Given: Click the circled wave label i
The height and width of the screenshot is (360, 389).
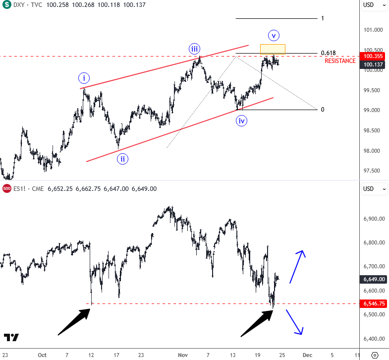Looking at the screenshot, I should (x=84, y=78).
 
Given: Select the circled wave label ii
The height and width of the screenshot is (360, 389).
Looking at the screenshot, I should (x=122, y=159).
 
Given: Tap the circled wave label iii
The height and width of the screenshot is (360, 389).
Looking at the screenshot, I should (x=194, y=49).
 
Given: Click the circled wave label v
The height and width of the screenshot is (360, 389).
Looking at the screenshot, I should (x=274, y=35).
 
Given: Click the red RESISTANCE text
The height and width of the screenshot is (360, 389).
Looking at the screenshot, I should (x=340, y=61).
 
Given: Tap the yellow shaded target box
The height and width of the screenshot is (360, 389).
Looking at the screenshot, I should (x=273, y=49).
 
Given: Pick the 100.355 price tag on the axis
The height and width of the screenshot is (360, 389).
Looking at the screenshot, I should (x=372, y=57).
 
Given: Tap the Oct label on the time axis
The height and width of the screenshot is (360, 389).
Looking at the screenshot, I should (x=42, y=355).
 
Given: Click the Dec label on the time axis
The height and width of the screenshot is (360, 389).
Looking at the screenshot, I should (x=307, y=355).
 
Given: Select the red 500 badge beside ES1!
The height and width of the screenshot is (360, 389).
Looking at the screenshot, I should (x=6, y=188).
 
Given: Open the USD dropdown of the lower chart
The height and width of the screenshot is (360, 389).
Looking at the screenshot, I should (x=374, y=188).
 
